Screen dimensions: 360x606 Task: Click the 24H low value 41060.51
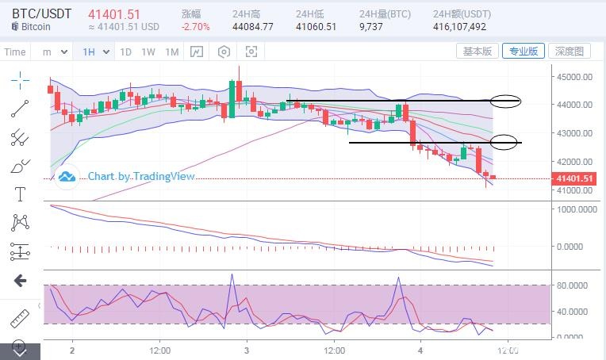(316, 27)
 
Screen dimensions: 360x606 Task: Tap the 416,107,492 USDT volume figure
(460, 27)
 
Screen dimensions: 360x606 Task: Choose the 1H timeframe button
(89, 52)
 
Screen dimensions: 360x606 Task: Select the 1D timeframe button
(125, 52)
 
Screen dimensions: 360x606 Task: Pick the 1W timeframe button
(148, 52)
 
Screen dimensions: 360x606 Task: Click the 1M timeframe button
(172, 52)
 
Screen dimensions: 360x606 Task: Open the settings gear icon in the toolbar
(224, 52)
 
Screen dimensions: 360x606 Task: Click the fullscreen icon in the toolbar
(251, 52)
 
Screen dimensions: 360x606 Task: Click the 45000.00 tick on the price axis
(574, 77)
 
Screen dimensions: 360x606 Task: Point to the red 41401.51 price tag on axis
(574, 178)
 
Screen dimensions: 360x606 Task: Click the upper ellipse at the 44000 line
(505, 101)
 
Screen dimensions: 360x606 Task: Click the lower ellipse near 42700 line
(505, 142)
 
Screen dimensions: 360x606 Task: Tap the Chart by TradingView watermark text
(140, 176)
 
